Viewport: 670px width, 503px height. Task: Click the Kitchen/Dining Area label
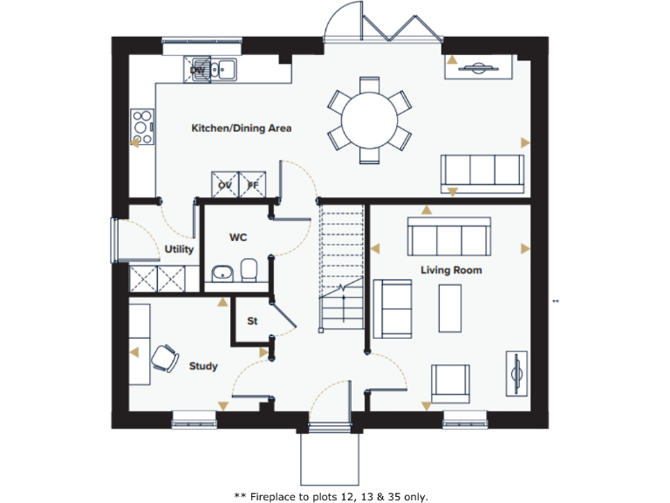241,128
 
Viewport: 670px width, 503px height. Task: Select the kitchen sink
226,67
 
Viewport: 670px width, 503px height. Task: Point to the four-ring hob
141,126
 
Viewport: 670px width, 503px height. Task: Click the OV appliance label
225,185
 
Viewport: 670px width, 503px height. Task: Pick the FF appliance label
253,185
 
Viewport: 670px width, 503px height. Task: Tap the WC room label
239,237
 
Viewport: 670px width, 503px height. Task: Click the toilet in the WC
250,272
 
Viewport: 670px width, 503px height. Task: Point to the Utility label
179,250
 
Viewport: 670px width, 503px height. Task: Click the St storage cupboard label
252,321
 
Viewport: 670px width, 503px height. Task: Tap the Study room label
203,366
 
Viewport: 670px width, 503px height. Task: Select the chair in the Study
163,357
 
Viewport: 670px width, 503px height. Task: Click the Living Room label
451,270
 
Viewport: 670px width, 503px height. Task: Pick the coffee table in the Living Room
451,307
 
